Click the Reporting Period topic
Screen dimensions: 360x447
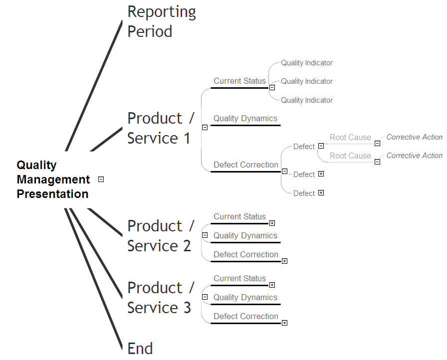coord(162,21)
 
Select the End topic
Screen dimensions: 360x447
coord(140,349)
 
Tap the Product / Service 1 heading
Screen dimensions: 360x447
coord(161,128)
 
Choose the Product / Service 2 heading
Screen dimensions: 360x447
coord(161,236)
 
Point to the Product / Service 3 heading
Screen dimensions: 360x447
coord(161,298)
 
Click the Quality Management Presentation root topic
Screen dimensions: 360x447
coord(53,180)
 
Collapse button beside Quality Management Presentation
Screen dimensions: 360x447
coord(101,180)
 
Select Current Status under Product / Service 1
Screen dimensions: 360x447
coord(239,81)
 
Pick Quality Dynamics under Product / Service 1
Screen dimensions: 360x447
coord(245,119)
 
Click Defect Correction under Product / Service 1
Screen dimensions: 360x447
coord(245,165)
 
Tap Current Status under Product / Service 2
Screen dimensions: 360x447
coord(239,217)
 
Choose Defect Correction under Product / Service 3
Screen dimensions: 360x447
coord(245,317)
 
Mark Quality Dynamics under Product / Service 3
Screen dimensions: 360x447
coord(245,298)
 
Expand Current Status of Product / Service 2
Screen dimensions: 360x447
coord(272,223)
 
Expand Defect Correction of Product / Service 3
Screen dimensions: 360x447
coord(284,323)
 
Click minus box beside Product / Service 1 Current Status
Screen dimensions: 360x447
coord(272,88)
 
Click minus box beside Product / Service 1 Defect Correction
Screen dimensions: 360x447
coord(284,172)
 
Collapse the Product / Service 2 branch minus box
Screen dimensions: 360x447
coord(205,235)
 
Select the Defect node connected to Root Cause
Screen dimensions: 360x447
coord(304,147)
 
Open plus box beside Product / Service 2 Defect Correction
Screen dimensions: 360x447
coord(284,261)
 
